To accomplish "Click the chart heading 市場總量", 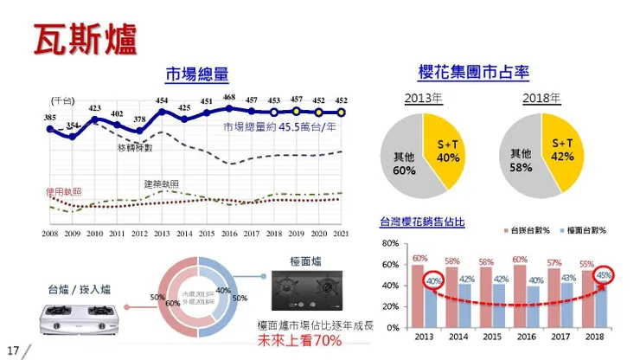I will [x=196, y=74].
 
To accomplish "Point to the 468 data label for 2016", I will [x=229, y=98].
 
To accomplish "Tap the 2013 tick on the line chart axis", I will [x=162, y=234].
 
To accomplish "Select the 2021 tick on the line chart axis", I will [x=341, y=234].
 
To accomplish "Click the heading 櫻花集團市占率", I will [x=472, y=73].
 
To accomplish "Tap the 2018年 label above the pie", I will [x=541, y=98].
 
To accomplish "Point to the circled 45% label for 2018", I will [x=604, y=275].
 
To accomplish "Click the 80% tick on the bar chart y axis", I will [x=389, y=244].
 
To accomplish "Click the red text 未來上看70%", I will [x=300, y=340].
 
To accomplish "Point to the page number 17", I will [x=13, y=350].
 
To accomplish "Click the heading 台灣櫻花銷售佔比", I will [x=422, y=222].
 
